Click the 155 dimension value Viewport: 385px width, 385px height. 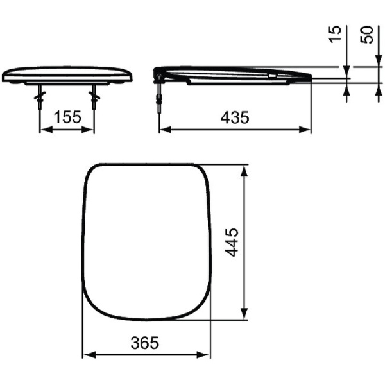coord(67,117)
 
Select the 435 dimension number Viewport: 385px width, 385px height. coord(234,117)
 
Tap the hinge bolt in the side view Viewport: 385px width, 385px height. coord(158,93)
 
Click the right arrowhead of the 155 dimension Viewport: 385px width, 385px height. coord(90,130)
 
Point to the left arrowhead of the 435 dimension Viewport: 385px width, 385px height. coord(164,130)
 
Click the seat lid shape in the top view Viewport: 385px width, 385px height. coord(147,242)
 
